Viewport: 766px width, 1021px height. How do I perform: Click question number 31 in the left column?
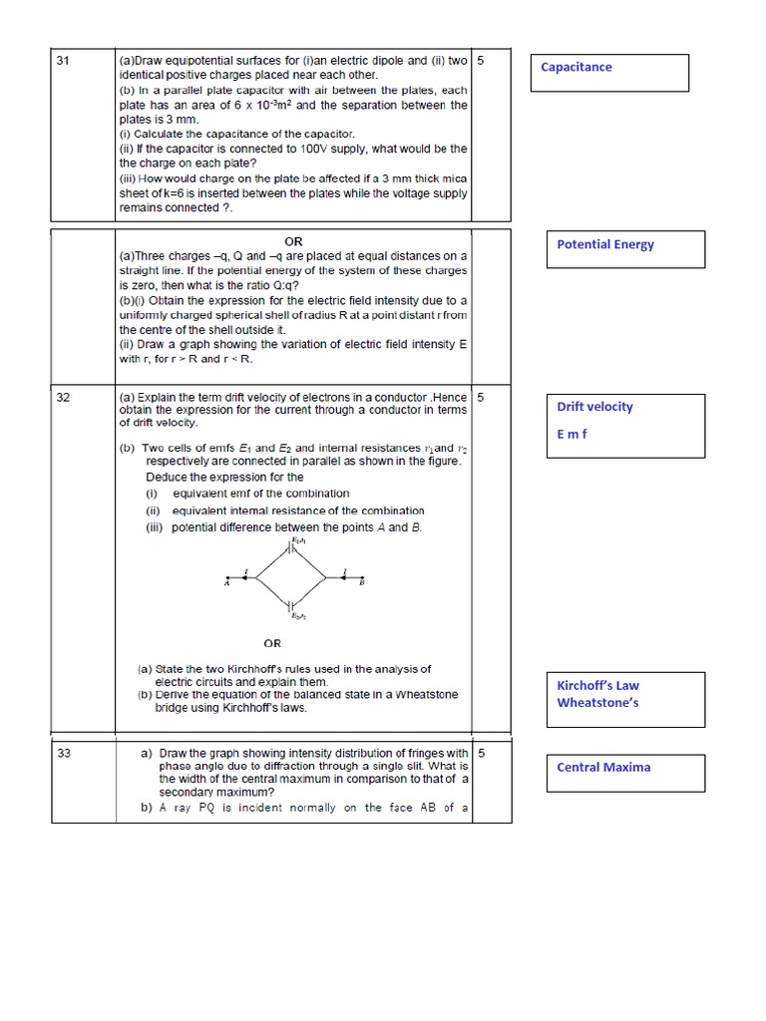[63, 61]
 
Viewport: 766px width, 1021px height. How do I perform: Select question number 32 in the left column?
[63, 397]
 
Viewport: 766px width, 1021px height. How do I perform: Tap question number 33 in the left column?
[63, 754]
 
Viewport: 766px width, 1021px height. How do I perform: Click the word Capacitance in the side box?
[576, 68]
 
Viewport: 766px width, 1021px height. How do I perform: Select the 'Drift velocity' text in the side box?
[594, 407]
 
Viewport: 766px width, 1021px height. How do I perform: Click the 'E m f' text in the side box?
[572, 434]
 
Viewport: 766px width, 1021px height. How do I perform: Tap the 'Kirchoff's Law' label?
[598, 685]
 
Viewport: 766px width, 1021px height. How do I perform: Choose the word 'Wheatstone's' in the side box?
[597, 703]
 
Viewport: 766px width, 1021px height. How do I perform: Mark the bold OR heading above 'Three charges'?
[293, 241]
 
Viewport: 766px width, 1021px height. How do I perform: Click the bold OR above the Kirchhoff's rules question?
[272, 643]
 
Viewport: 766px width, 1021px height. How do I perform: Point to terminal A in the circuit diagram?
[227, 584]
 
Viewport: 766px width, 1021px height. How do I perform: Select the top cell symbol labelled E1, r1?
[291, 546]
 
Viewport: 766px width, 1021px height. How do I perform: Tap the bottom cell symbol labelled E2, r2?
[291, 605]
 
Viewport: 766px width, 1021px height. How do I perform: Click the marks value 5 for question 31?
[482, 61]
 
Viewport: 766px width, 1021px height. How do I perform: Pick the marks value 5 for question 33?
[482, 754]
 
